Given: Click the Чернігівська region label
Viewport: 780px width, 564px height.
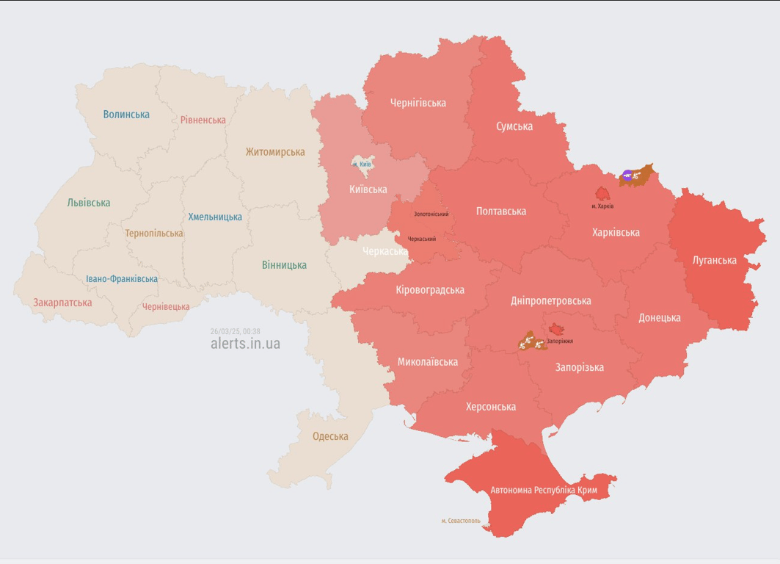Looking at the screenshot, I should (x=418, y=103).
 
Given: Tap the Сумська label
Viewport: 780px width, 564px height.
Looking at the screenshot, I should (x=514, y=126).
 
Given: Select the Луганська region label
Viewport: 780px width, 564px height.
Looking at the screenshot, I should (x=715, y=260).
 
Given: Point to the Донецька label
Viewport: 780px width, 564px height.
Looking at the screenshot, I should (x=659, y=317).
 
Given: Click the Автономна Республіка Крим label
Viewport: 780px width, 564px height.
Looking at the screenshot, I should (x=544, y=490).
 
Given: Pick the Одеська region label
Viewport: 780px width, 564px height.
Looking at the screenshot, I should (x=330, y=436).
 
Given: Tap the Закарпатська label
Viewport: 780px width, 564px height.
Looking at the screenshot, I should (x=62, y=302).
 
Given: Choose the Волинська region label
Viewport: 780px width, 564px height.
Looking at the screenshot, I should (x=126, y=114).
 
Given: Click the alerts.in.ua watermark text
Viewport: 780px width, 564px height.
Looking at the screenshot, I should (x=245, y=344).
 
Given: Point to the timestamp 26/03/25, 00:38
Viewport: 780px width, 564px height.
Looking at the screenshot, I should (x=235, y=331).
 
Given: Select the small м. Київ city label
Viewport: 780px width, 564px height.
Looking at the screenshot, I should (x=362, y=164).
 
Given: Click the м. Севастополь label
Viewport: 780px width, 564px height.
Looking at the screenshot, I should (x=461, y=521).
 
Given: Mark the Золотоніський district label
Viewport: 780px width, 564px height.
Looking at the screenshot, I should (x=431, y=214).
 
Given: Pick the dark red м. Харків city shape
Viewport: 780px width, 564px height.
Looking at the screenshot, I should (x=602, y=194).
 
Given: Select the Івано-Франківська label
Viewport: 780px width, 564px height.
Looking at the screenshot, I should (x=122, y=279).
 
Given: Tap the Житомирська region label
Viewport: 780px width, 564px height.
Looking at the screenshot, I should (x=275, y=152).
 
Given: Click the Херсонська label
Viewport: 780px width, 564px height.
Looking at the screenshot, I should (x=491, y=407).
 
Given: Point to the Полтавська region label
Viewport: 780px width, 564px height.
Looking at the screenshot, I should (x=501, y=211).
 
